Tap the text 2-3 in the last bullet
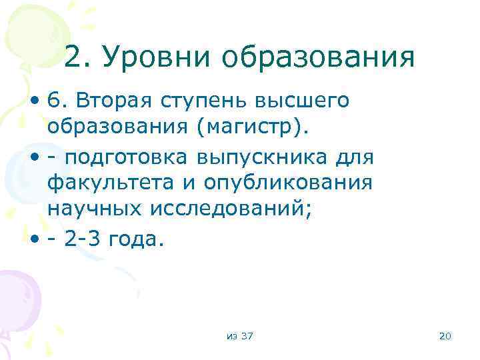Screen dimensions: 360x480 [x=83, y=238]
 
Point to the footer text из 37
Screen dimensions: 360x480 [x=239, y=335]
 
